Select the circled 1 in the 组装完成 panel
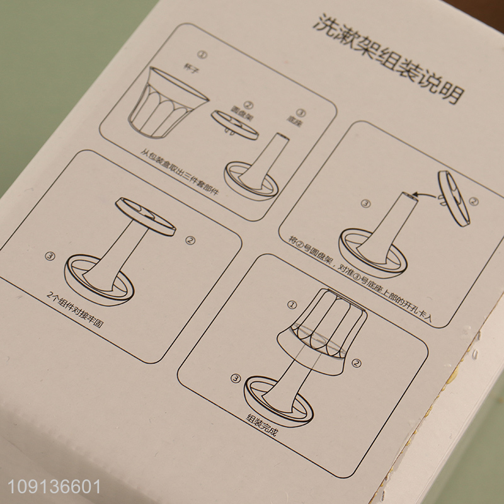pyautogui.click(x=291, y=305)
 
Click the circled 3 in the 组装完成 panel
pyautogui.click(x=236, y=378)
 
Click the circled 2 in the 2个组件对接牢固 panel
pyautogui.click(x=190, y=240)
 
